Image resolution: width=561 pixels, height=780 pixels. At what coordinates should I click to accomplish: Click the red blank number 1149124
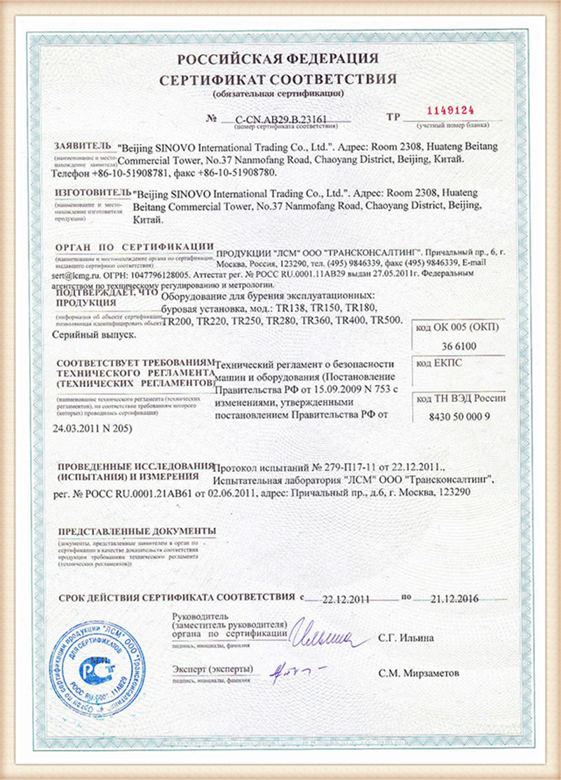[x=451, y=110]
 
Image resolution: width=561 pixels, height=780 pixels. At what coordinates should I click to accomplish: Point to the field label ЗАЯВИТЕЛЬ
[x=83, y=145]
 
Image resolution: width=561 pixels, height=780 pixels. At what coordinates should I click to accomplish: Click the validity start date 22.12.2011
[x=344, y=598]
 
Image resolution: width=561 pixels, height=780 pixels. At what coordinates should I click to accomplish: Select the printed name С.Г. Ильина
[x=405, y=638]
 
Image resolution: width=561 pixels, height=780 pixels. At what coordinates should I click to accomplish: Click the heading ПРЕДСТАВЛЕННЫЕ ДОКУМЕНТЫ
[x=137, y=531]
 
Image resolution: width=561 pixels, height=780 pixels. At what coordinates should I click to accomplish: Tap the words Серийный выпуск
[x=87, y=336]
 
